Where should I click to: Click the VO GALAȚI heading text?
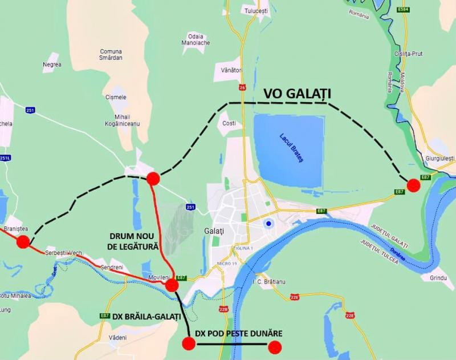(297, 94)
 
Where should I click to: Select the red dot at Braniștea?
(23, 242)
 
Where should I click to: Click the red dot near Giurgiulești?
(414, 185)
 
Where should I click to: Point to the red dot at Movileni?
(172, 285)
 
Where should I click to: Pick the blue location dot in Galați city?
(268, 224)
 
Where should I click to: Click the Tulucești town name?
(255, 11)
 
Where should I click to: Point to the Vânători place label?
(232, 70)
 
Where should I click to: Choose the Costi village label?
(229, 123)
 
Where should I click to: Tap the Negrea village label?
(52, 64)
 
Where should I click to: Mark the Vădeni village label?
(117, 338)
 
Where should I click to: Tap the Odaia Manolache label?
(196, 39)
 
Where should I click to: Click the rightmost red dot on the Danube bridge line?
(275, 347)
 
